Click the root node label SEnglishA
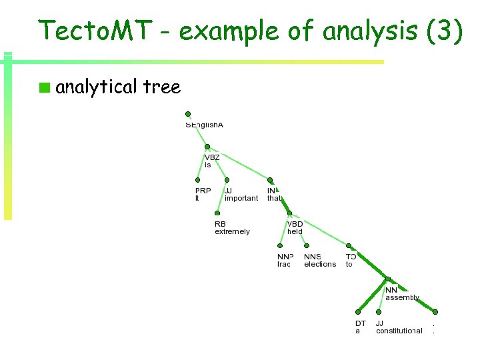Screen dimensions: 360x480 [x=204, y=125]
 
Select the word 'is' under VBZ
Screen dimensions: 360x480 [x=207, y=165]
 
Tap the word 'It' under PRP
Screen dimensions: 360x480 [x=197, y=198]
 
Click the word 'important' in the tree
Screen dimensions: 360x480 [x=241, y=198]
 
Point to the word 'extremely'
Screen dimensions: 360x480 [x=232, y=231]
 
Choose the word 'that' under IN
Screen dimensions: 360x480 [x=274, y=198]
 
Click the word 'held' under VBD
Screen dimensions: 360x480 [x=295, y=231]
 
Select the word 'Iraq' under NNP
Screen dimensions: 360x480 [x=284, y=264]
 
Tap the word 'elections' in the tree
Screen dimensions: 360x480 [x=320, y=264]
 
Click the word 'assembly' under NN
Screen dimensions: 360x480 [x=402, y=297]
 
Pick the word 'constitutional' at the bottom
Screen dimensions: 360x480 [x=399, y=331]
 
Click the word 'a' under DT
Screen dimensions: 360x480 [x=357, y=331]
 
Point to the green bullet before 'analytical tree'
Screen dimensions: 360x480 [x=44, y=87]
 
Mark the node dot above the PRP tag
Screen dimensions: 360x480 [x=197, y=180]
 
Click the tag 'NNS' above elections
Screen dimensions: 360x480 [x=312, y=257]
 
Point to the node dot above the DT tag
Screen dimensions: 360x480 [x=357, y=312]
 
